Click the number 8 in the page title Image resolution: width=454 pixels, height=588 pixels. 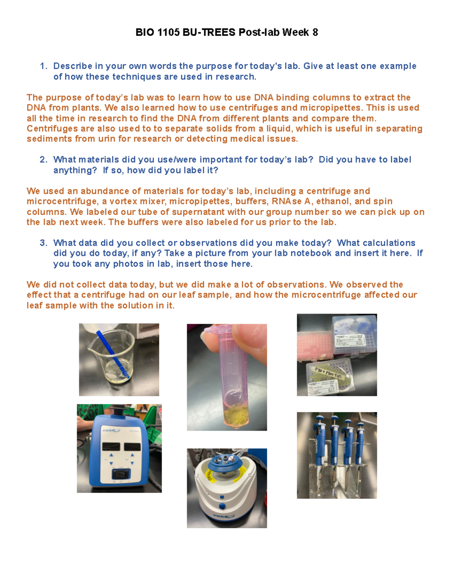315,33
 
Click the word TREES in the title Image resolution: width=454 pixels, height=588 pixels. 219,33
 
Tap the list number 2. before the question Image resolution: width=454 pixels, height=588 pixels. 44,160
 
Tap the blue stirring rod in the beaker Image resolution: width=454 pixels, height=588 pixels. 112,354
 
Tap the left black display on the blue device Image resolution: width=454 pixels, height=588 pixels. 111,447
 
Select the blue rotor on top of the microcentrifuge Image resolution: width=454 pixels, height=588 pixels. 226,462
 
